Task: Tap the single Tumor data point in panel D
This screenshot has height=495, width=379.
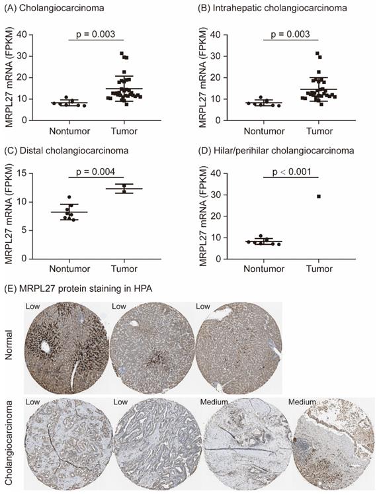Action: (319, 196)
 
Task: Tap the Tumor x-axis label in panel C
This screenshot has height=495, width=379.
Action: (124, 269)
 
